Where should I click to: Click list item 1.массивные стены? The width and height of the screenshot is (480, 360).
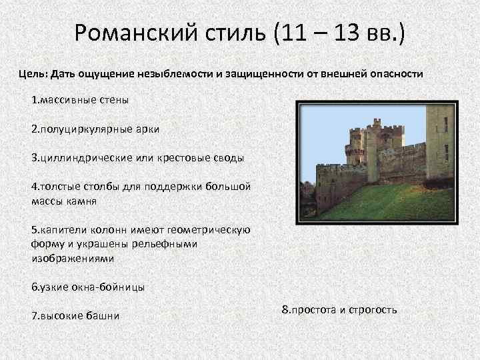pos(80,100)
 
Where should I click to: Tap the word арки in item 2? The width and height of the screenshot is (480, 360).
pos(147,129)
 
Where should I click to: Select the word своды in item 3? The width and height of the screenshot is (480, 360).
pos(227,158)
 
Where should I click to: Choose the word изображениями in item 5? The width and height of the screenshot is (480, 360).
pos(73,257)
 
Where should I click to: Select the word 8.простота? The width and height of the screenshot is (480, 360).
pos(310,309)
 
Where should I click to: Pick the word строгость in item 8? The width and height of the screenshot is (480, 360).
pos(373,309)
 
